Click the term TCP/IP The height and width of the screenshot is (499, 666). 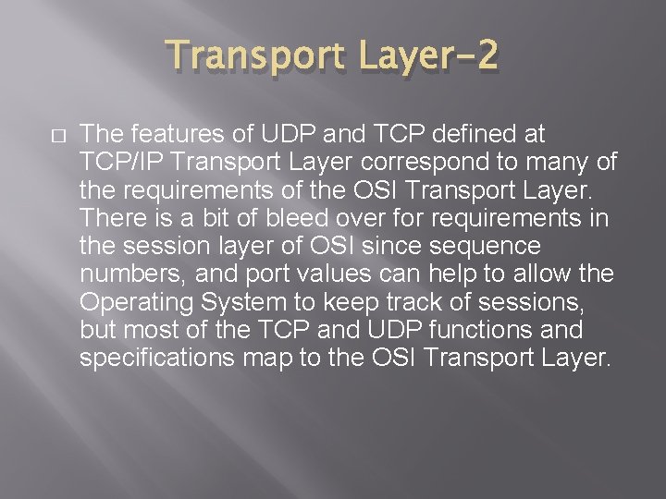pos(119,164)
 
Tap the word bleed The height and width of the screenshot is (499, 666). pos(272,219)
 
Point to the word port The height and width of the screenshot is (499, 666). pos(239,274)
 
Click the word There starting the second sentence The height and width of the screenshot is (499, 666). pos(107,219)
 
